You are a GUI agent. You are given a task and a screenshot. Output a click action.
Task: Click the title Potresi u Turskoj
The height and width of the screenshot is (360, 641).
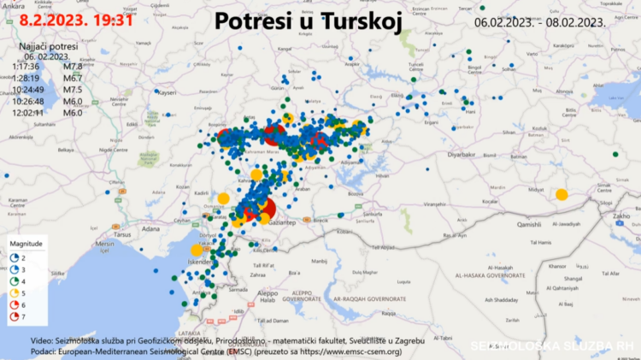click(308, 20)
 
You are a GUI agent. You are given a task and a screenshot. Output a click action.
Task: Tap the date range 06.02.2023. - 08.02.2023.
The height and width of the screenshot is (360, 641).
click(539, 22)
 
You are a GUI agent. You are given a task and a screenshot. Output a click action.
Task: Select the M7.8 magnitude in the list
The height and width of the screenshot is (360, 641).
click(74, 66)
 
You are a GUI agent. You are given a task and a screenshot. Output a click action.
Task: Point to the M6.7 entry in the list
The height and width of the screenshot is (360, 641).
click(74, 78)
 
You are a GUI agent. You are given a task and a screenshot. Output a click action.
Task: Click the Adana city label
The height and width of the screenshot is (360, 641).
click(151, 230)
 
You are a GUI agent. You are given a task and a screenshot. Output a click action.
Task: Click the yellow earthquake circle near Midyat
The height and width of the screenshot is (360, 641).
click(562, 195)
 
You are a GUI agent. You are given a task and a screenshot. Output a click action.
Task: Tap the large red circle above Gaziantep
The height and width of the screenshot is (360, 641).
click(263, 209)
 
